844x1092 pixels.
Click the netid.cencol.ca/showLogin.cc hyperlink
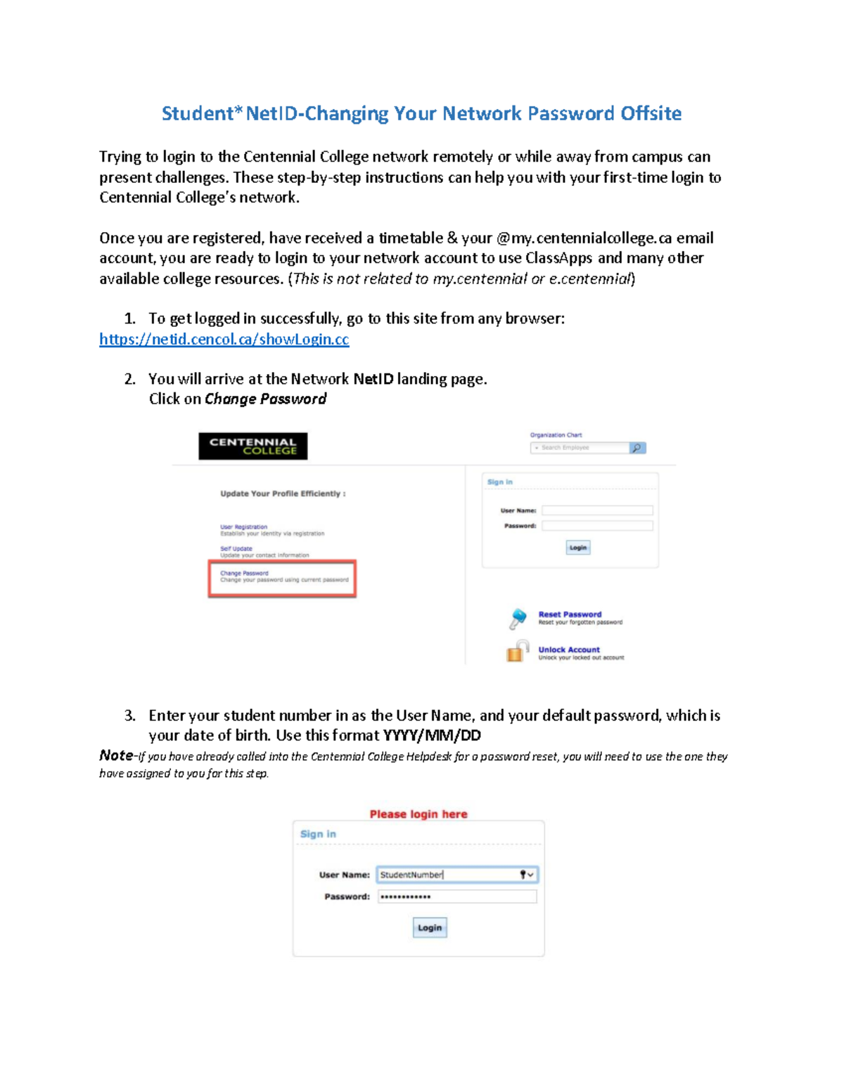pyautogui.click(x=224, y=339)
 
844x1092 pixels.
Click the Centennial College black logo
pyautogui.click(x=252, y=447)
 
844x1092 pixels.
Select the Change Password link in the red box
pyautogui.click(x=244, y=573)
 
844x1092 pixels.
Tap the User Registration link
pyautogui.click(x=243, y=527)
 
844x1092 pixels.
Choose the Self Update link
pyautogui.click(x=236, y=548)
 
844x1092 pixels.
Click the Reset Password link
pyautogui.click(x=570, y=614)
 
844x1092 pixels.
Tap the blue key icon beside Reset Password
pyautogui.click(x=518, y=619)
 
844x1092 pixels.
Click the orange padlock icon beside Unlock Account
pyautogui.click(x=517, y=652)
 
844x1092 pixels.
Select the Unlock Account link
pyautogui.click(x=569, y=650)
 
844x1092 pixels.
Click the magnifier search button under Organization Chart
pyautogui.click(x=637, y=448)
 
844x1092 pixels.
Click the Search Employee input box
pyautogui.click(x=580, y=448)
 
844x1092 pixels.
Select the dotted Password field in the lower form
pyautogui.click(x=457, y=897)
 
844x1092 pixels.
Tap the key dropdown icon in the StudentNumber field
pyautogui.click(x=526, y=875)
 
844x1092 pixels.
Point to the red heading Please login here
pyautogui.click(x=418, y=814)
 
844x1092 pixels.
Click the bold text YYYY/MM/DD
pyautogui.click(x=432, y=736)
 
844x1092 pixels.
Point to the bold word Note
pyautogui.click(x=116, y=755)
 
